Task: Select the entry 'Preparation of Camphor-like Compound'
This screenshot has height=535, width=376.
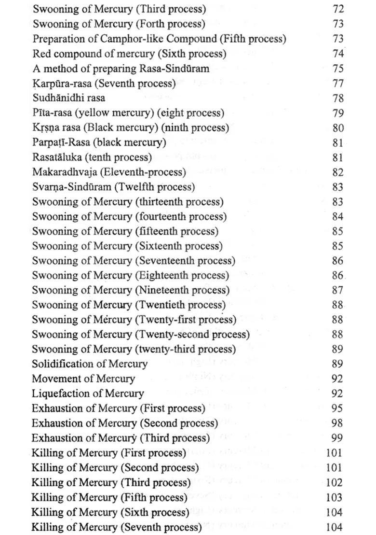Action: [x=159, y=39]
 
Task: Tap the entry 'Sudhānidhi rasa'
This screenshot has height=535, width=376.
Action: [x=68, y=98]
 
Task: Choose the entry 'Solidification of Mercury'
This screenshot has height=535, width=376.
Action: [x=90, y=364]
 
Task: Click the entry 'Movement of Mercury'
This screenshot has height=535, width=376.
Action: [x=83, y=379]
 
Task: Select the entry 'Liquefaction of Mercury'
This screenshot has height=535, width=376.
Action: [x=88, y=394]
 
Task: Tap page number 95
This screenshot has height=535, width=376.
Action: [x=337, y=408]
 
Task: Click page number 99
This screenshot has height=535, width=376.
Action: [x=337, y=438]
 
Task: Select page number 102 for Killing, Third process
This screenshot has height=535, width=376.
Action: [x=334, y=483]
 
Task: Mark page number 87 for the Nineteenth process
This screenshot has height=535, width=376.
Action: [x=337, y=290]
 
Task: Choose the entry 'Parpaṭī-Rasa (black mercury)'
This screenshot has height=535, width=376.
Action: [x=99, y=142]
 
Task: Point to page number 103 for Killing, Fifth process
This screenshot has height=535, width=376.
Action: [x=334, y=498]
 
